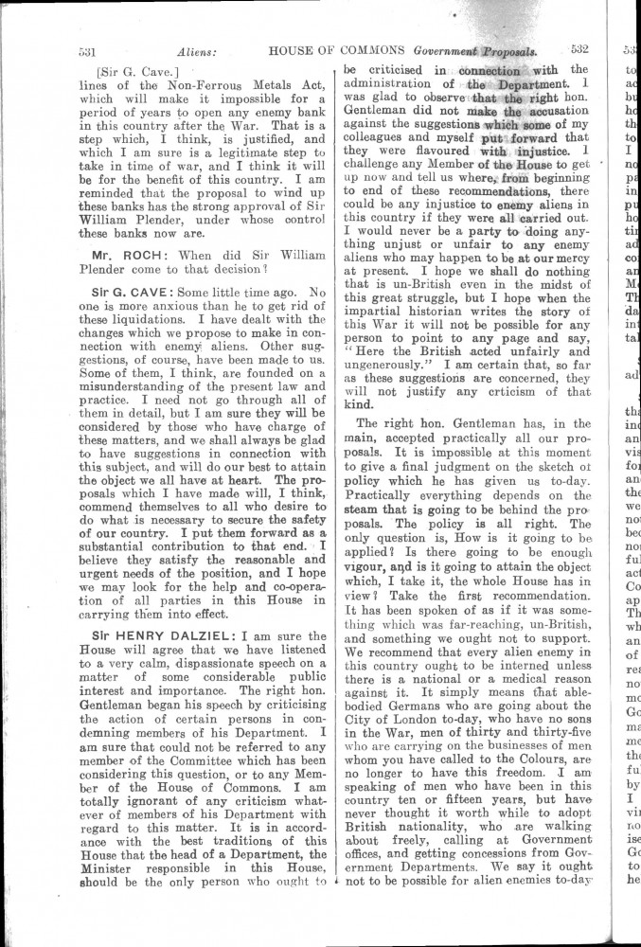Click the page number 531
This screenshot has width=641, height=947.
pos(89,51)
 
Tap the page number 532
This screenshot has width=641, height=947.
pos(580,51)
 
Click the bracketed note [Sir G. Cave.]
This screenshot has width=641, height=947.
pos(145,71)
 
